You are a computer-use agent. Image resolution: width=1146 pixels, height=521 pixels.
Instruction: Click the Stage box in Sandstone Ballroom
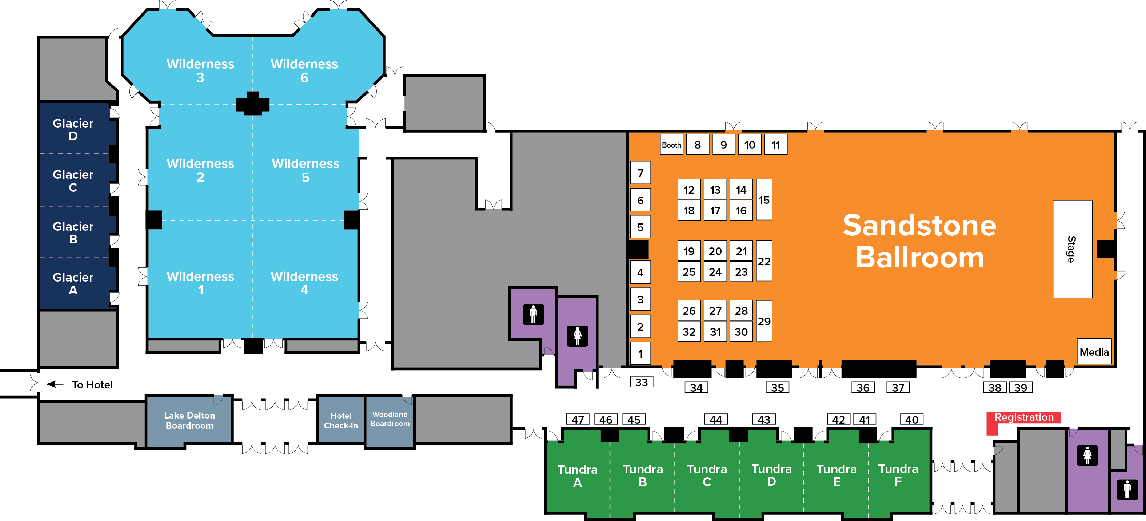[1072, 249]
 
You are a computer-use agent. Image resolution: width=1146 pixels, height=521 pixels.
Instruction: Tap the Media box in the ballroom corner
[1094, 352]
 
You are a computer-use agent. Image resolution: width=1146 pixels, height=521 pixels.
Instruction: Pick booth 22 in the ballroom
[764, 261]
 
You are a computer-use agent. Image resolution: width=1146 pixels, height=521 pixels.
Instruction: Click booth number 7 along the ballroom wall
[640, 173]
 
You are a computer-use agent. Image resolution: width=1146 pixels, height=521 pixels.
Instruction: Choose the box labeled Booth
[671, 145]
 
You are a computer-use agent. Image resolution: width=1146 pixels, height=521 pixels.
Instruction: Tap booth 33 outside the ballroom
[641, 382]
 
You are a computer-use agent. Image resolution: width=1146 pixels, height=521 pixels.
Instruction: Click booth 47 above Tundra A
[578, 419]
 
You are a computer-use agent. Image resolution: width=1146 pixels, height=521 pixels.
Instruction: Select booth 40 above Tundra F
[911, 419]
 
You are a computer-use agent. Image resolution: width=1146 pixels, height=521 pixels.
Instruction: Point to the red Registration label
[1024, 417]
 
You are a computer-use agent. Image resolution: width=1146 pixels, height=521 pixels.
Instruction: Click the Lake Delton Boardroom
[189, 420]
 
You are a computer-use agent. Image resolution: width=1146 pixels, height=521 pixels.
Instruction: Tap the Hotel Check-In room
[340, 420]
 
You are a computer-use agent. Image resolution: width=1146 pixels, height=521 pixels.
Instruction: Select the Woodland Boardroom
[390, 419]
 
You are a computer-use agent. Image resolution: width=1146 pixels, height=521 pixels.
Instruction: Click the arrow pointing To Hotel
[55, 384]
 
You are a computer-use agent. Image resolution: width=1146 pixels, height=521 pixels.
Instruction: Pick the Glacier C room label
[73, 181]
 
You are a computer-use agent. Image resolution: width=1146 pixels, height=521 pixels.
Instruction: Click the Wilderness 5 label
[305, 170]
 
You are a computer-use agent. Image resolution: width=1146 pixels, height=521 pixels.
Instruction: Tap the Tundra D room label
[771, 475]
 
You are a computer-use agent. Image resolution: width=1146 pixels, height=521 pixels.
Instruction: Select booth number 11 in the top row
[775, 145]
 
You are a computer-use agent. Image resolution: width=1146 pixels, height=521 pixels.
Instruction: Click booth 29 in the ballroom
[764, 321]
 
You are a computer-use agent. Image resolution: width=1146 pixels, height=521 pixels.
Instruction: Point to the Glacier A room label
[73, 283]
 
